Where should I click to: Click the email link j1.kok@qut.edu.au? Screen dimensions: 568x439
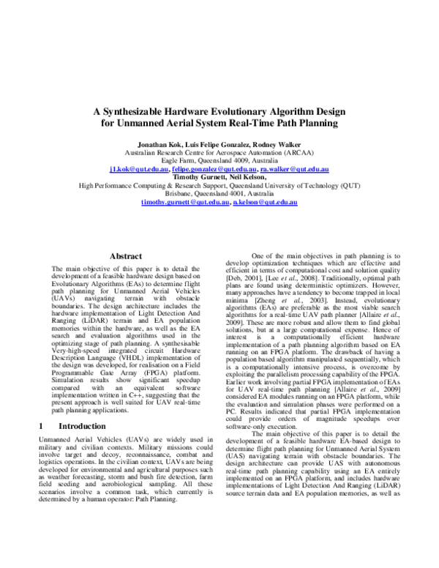coord(140,168)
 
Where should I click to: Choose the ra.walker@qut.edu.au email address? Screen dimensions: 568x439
coord(294,168)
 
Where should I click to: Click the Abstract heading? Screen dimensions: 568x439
coord(125,256)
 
